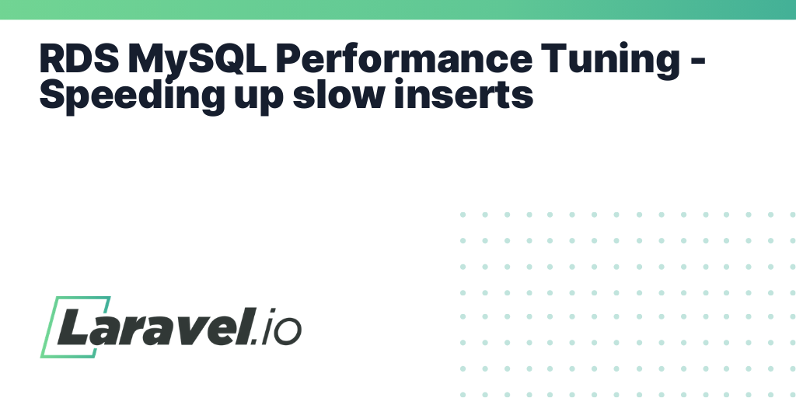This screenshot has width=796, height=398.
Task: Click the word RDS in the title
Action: coord(79,58)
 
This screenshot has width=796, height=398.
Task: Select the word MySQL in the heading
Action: coord(197,61)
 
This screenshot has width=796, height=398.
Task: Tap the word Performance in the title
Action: coord(403,58)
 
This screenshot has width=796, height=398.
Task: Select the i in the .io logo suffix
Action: coord(269,326)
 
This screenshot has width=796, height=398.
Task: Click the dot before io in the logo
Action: coord(255,342)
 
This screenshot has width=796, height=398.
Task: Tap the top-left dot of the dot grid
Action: coord(463,215)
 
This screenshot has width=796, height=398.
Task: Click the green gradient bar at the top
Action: coord(398,9)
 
